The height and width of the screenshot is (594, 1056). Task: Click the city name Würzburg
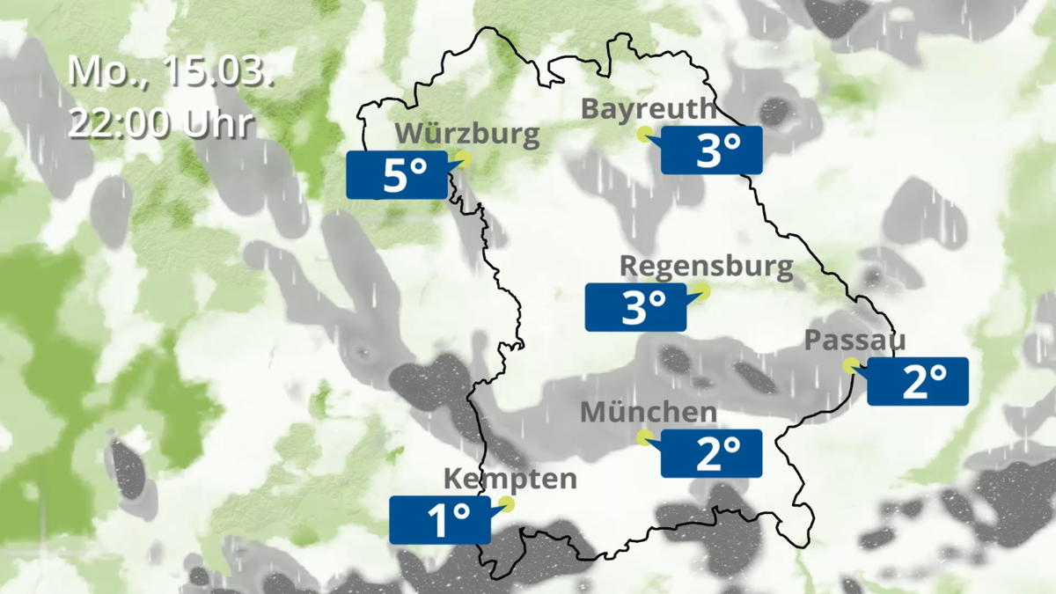(x=466, y=134)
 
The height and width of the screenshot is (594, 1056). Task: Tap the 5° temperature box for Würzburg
(x=396, y=175)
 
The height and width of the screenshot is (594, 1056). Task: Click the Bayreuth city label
(x=649, y=109)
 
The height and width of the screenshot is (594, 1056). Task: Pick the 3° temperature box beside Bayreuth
(x=711, y=150)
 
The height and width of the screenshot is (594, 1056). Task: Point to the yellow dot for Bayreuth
(x=645, y=134)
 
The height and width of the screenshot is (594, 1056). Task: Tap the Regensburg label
(x=707, y=266)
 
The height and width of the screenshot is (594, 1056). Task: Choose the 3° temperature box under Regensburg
(x=635, y=307)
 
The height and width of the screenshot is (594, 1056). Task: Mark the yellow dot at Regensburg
(x=702, y=290)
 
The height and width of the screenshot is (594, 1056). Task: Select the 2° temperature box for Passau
(x=918, y=381)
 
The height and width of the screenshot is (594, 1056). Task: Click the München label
(x=649, y=411)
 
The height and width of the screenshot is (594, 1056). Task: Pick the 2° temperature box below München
(x=711, y=453)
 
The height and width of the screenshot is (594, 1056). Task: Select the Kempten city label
(x=510, y=479)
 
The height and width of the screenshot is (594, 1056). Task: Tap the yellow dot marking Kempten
(x=505, y=503)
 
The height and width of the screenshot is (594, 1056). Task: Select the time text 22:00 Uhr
(x=163, y=123)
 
